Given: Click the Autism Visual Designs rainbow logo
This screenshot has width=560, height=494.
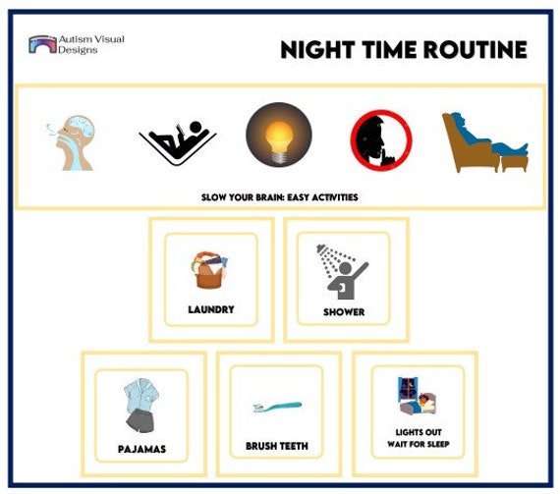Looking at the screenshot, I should pyautogui.click(x=42, y=44).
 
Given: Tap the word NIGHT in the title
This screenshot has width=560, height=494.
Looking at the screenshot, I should pyautogui.click(x=314, y=49).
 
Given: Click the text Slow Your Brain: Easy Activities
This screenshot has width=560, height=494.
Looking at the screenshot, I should pyautogui.click(x=279, y=197).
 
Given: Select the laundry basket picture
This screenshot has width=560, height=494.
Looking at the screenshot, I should pyautogui.click(x=210, y=268).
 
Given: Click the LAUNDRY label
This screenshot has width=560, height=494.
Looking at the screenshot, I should pyautogui.click(x=211, y=309).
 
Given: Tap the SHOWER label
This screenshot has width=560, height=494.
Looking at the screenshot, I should pyautogui.click(x=344, y=312).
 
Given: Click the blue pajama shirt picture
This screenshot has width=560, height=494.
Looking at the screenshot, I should pyautogui.click(x=141, y=404).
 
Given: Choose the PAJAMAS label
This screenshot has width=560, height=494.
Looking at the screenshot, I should pyautogui.click(x=141, y=450).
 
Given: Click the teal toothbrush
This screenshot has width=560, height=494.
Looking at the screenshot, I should pyautogui.click(x=277, y=406).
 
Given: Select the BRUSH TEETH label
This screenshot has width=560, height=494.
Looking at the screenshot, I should pyautogui.click(x=277, y=446).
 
